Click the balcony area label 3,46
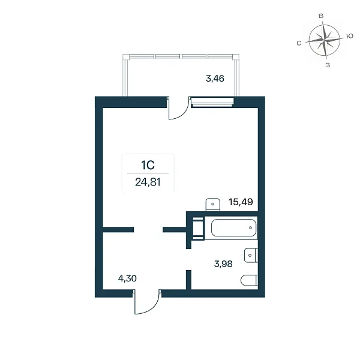(x=215, y=79)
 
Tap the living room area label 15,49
(x=241, y=202)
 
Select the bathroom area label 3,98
(x=223, y=264)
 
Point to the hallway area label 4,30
(x=127, y=278)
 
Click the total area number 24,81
(x=148, y=182)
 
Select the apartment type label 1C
(x=148, y=165)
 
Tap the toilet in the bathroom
(x=250, y=280)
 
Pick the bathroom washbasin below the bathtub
(x=251, y=255)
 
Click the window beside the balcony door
(x=212, y=102)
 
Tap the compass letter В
(x=321, y=16)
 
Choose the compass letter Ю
(x=350, y=36)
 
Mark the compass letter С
(x=299, y=43)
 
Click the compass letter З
(x=328, y=65)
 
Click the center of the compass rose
(x=324, y=41)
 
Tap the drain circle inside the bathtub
(x=250, y=228)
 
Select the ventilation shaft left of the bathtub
(x=197, y=228)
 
